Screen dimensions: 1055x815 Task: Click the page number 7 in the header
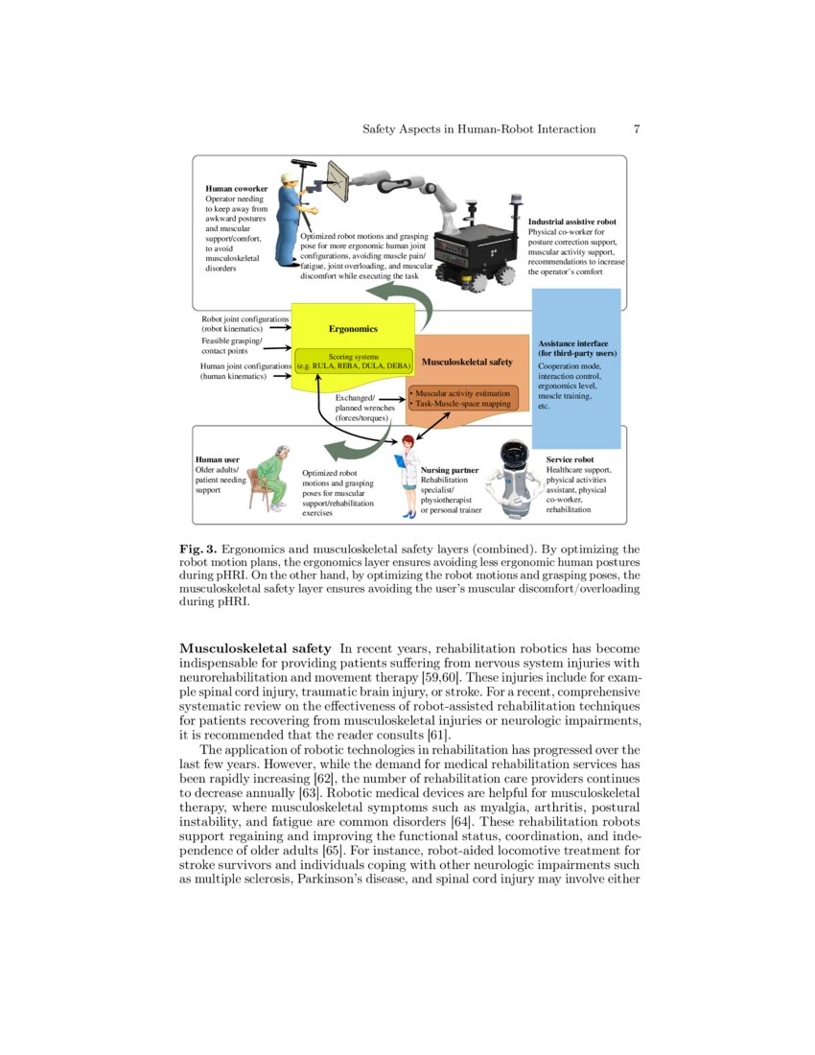[x=637, y=129]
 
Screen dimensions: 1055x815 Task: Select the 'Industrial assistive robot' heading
[x=571, y=222]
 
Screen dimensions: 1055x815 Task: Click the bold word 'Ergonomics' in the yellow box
[x=353, y=329]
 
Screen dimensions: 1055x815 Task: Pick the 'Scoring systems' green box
[x=354, y=363]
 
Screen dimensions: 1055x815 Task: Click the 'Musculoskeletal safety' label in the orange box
[x=467, y=363]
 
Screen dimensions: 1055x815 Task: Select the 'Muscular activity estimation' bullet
[x=462, y=393]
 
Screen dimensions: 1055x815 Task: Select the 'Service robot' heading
[x=570, y=459]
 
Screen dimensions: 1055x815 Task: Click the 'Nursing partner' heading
[x=449, y=470]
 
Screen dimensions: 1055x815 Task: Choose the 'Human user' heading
[x=217, y=459]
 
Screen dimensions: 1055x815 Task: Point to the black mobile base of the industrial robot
[x=474, y=249]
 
